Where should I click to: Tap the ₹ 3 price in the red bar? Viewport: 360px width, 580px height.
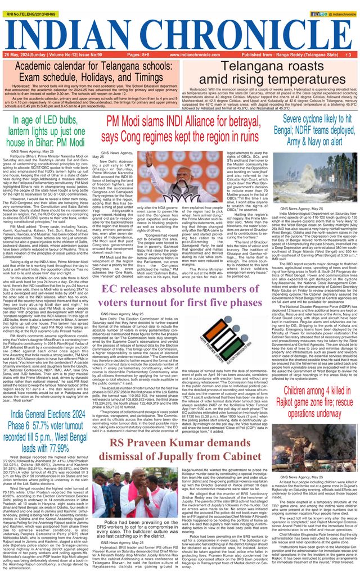point(349,55)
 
